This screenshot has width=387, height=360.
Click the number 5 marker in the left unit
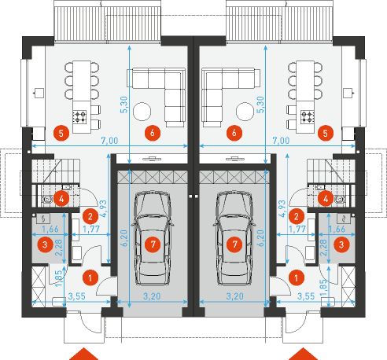point(61,134)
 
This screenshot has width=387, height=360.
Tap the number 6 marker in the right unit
point(234,133)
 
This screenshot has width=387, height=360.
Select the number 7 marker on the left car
point(153,244)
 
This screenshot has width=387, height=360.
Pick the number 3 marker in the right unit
point(341,245)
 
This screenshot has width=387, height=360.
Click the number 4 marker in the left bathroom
point(61,199)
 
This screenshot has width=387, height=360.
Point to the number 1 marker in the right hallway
point(297,277)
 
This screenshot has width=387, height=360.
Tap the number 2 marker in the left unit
point(90,216)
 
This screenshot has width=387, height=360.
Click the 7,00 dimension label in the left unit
point(109,141)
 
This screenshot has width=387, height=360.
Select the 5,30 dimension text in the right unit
point(260,105)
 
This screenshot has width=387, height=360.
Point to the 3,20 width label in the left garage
point(152,296)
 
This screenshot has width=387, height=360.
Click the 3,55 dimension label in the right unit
point(306,296)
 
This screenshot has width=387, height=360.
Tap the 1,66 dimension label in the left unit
point(50,229)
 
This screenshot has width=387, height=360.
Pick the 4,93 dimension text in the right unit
point(282,209)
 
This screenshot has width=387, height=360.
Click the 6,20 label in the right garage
point(260,238)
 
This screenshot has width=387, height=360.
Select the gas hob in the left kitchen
point(79,116)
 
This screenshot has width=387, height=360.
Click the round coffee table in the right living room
point(245,112)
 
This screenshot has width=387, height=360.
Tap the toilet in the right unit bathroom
point(341,200)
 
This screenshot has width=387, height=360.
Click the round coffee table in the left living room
point(142,112)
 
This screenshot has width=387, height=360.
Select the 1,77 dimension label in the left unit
point(91,229)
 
